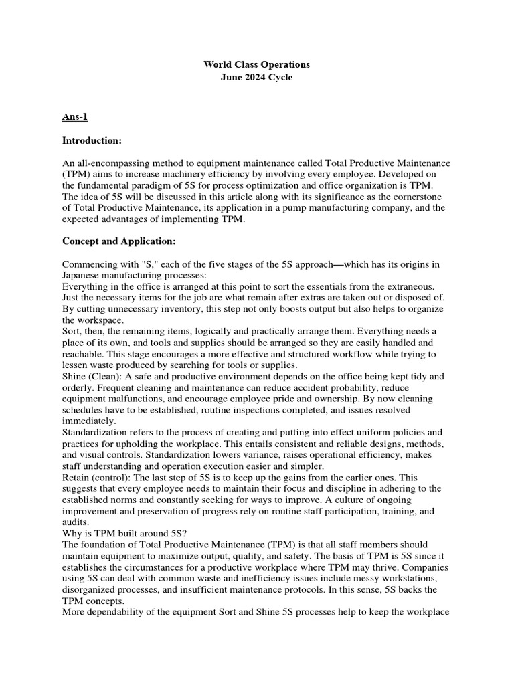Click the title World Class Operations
click(x=257, y=65)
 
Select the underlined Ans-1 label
click(x=74, y=117)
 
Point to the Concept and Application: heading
click(x=119, y=241)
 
